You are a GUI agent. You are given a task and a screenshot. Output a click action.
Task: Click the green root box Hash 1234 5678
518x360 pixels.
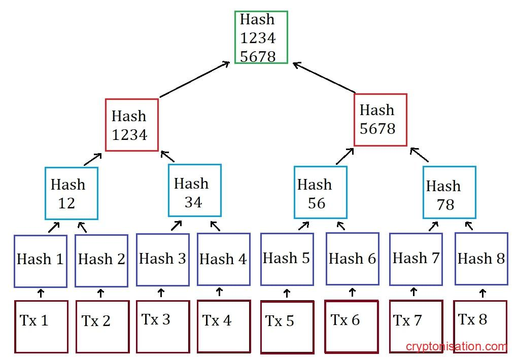(x=261, y=38)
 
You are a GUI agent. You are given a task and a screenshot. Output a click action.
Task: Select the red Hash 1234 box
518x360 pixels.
(x=132, y=125)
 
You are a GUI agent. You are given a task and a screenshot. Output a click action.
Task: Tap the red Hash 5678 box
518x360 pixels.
(x=381, y=120)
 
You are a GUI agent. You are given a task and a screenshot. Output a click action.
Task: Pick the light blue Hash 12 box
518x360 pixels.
(x=71, y=193)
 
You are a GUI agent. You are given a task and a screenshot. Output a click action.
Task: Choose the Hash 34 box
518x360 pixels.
(x=195, y=191)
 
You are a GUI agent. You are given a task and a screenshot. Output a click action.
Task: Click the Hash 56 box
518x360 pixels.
(x=320, y=192)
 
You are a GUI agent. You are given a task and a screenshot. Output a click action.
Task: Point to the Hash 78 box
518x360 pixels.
(x=449, y=193)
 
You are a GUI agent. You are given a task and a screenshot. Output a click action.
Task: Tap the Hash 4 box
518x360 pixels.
(x=223, y=259)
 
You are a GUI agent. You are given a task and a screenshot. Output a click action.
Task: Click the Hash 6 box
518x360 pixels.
(x=352, y=259)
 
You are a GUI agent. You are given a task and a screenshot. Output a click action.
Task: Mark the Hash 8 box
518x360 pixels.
(x=481, y=259)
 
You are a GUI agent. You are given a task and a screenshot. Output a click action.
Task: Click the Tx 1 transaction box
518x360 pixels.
(x=41, y=327)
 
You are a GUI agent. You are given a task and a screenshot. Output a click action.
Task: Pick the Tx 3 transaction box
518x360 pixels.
(x=162, y=326)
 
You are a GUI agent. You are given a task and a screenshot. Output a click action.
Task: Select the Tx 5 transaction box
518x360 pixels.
(x=287, y=327)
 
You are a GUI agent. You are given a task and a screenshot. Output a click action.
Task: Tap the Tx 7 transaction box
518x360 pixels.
(x=416, y=326)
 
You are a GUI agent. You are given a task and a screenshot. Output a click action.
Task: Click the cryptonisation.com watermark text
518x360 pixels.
(x=456, y=347)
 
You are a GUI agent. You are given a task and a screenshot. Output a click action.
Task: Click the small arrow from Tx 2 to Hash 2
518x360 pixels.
(x=100, y=293)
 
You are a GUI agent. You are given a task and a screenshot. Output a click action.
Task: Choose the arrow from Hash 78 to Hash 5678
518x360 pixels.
(x=420, y=155)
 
